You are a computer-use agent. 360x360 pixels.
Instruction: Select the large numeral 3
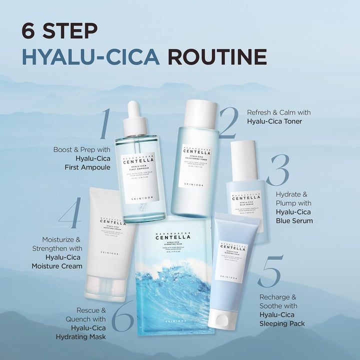(x=277, y=170)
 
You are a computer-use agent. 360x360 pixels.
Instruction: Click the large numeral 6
(x=122, y=316)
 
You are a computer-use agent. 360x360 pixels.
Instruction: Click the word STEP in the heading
(x=68, y=30)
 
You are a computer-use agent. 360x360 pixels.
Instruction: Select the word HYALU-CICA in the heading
(x=90, y=57)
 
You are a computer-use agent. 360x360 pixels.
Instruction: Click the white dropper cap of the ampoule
(x=134, y=118)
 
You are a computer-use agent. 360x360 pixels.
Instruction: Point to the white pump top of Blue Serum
(x=244, y=160)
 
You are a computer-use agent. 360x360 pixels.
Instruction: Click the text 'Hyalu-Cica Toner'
(x=274, y=121)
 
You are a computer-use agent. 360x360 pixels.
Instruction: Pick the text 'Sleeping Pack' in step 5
(x=281, y=323)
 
